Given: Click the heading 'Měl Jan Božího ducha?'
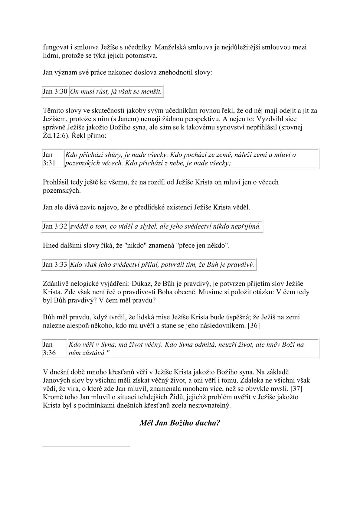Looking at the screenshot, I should (180, 423).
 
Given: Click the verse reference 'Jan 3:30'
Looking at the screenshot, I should (55, 91).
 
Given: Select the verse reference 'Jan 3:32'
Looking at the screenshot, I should (55, 226).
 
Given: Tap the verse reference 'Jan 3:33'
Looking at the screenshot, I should (55, 265).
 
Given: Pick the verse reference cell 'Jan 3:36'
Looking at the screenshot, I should (49, 348).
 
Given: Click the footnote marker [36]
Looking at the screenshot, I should (254, 326).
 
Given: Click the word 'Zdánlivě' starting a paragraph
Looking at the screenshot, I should (55, 284).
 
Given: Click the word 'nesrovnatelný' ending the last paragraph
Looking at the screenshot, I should (209, 405).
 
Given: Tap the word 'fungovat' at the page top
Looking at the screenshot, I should (55, 47).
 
